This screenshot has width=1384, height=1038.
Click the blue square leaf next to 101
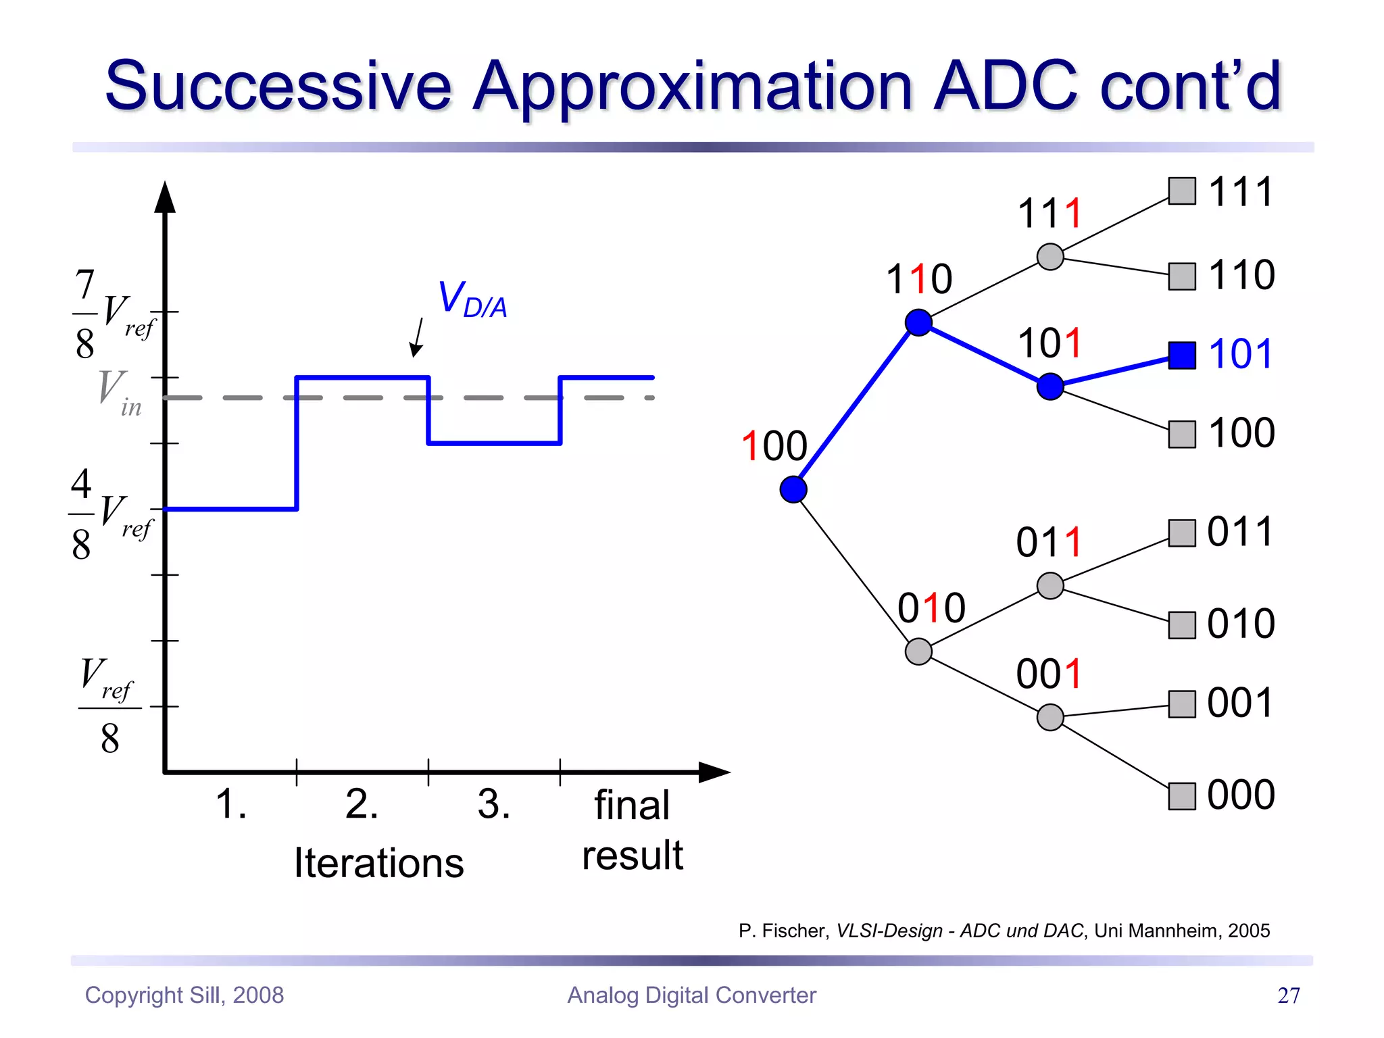[x=1182, y=355]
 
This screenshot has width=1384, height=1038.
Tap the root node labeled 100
[x=793, y=489]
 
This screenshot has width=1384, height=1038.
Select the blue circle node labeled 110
[x=918, y=322]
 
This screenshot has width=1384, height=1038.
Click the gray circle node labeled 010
[x=918, y=651]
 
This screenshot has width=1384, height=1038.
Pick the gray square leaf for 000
[x=1182, y=796]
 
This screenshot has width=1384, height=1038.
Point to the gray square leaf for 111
[x=1182, y=191]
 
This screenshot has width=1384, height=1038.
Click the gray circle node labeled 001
[x=1050, y=717]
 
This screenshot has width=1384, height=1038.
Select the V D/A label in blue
[x=472, y=299]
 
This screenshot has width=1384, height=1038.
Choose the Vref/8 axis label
[x=109, y=706]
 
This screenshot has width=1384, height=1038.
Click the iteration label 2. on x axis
[x=362, y=804]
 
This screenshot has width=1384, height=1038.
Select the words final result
[x=633, y=830]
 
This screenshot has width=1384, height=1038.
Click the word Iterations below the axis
[x=379, y=863]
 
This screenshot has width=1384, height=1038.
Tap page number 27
[x=1288, y=995]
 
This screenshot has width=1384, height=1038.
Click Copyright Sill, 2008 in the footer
[x=184, y=995]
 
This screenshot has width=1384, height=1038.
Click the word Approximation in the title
[x=693, y=86]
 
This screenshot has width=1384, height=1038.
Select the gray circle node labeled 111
[x=1050, y=257]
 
